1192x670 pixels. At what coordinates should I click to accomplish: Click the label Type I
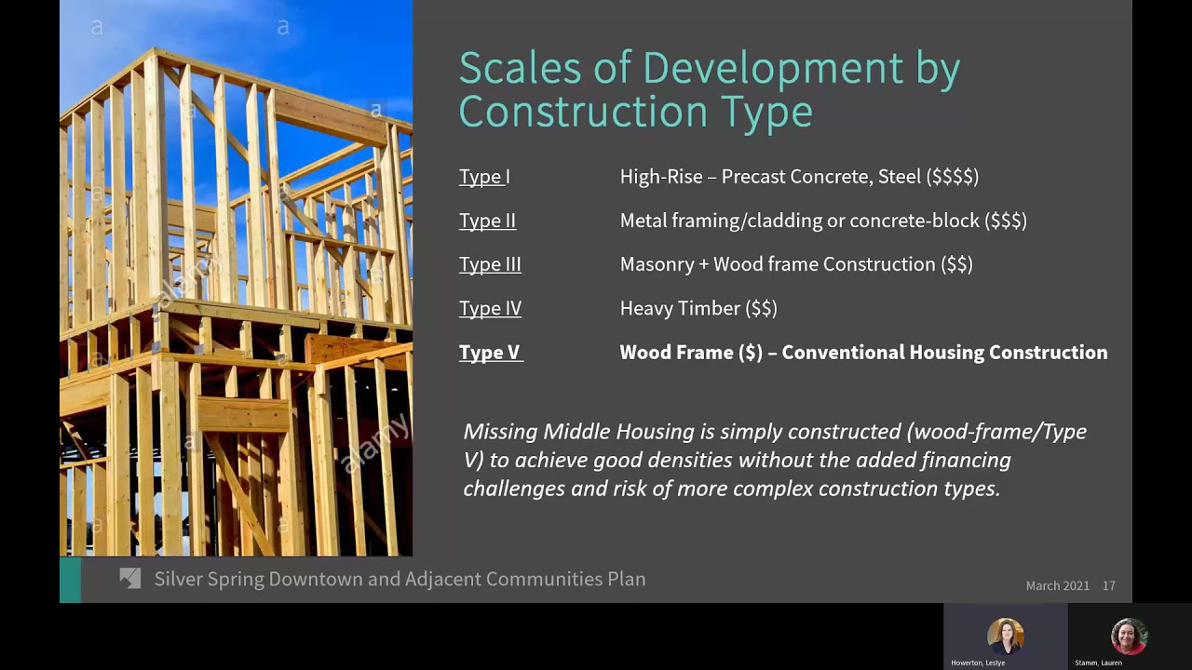pos(484,177)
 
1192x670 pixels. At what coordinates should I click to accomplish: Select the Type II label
pos(487,221)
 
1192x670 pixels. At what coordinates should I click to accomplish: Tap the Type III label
pos(490,264)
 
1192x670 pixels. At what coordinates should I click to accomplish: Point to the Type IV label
pos(490,308)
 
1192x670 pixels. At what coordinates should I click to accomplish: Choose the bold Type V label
pos(490,353)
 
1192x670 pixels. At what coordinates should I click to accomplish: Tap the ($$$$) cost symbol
pos(953,177)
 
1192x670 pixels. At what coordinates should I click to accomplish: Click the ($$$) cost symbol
pos(1006,221)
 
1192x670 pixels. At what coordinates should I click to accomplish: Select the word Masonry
pos(657,264)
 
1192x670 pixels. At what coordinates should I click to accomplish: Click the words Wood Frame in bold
pos(676,353)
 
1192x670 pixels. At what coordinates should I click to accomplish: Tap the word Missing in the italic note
pos(500,432)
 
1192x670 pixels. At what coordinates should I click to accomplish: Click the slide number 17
pos(1108,585)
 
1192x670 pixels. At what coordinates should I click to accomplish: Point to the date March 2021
pos(1057,585)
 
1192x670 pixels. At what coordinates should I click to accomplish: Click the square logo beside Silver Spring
pos(130,579)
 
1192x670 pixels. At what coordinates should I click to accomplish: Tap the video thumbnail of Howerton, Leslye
pos(1005,637)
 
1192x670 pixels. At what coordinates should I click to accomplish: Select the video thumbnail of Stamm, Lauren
pos(1129,637)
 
